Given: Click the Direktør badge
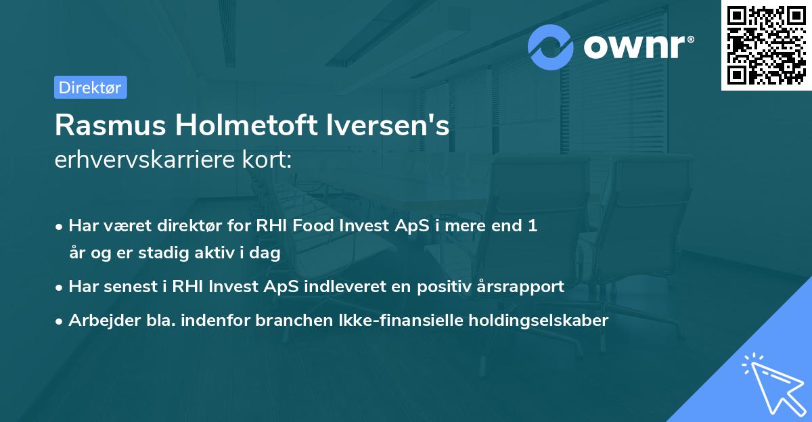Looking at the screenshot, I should point(90,87).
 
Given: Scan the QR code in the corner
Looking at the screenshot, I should point(767,45).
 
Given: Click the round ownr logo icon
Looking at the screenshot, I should point(551,47).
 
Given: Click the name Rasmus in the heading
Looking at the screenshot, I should point(108,125).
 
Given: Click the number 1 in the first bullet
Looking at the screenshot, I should point(533,226).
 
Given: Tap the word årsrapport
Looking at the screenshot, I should point(524,286).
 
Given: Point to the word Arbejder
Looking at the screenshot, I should point(101,321).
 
